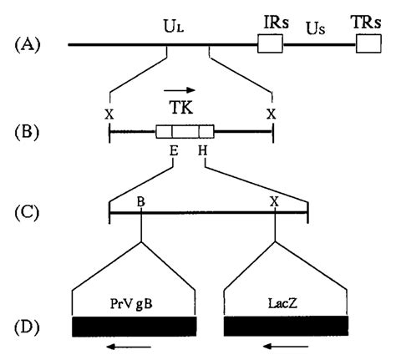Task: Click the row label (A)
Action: click(x=28, y=45)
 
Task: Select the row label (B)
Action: click(x=27, y=132)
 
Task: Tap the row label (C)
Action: click(x=27, y=213)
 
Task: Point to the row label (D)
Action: click(x=27, y=327)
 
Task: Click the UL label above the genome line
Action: click(x=174, y=28)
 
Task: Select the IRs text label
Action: click(x=277, y=23)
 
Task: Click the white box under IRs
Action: click(x=270, y=43)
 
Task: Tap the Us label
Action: click(x=316, y=28)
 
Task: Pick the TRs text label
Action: click(x=366, y=23)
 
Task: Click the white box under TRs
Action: click(x=368, y=43)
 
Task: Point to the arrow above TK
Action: click(x=180, y=90)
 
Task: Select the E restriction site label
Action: click(x=174, y=151)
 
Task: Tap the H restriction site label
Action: click(x=203, y=151)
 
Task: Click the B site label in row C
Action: click(x=141, y=201)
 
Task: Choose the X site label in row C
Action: click(x=274, y=201)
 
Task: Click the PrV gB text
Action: click(x=131, y=304)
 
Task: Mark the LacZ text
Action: click(x=282, y=303)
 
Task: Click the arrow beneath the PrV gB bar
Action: click(x=129, y=347)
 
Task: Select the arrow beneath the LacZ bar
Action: click(x=286, y=347)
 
